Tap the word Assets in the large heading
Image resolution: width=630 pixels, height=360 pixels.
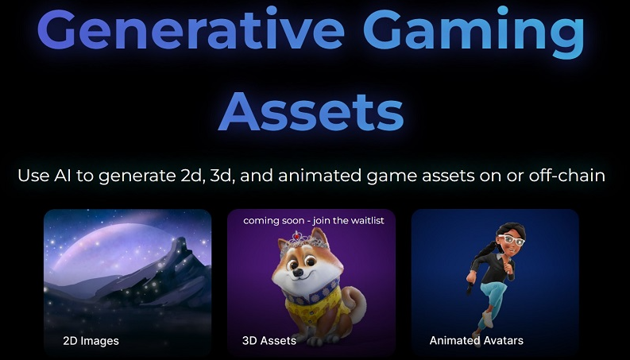tap(311, 111)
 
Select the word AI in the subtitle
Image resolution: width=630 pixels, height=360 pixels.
tap(63, 176)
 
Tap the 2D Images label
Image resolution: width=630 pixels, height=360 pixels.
tap(91, 341)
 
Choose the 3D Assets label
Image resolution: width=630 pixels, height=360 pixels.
tap(269, 341)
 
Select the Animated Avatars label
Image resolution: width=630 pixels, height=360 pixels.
tap(476, 341)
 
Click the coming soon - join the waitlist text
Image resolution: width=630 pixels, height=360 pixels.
tap(314, 221)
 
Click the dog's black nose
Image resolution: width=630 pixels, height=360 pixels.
tap(298, 273)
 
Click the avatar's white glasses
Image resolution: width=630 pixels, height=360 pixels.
tap(511, 240)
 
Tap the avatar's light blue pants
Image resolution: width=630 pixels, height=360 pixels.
tap(491, 296)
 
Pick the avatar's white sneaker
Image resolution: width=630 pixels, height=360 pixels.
tap(486, 319)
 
